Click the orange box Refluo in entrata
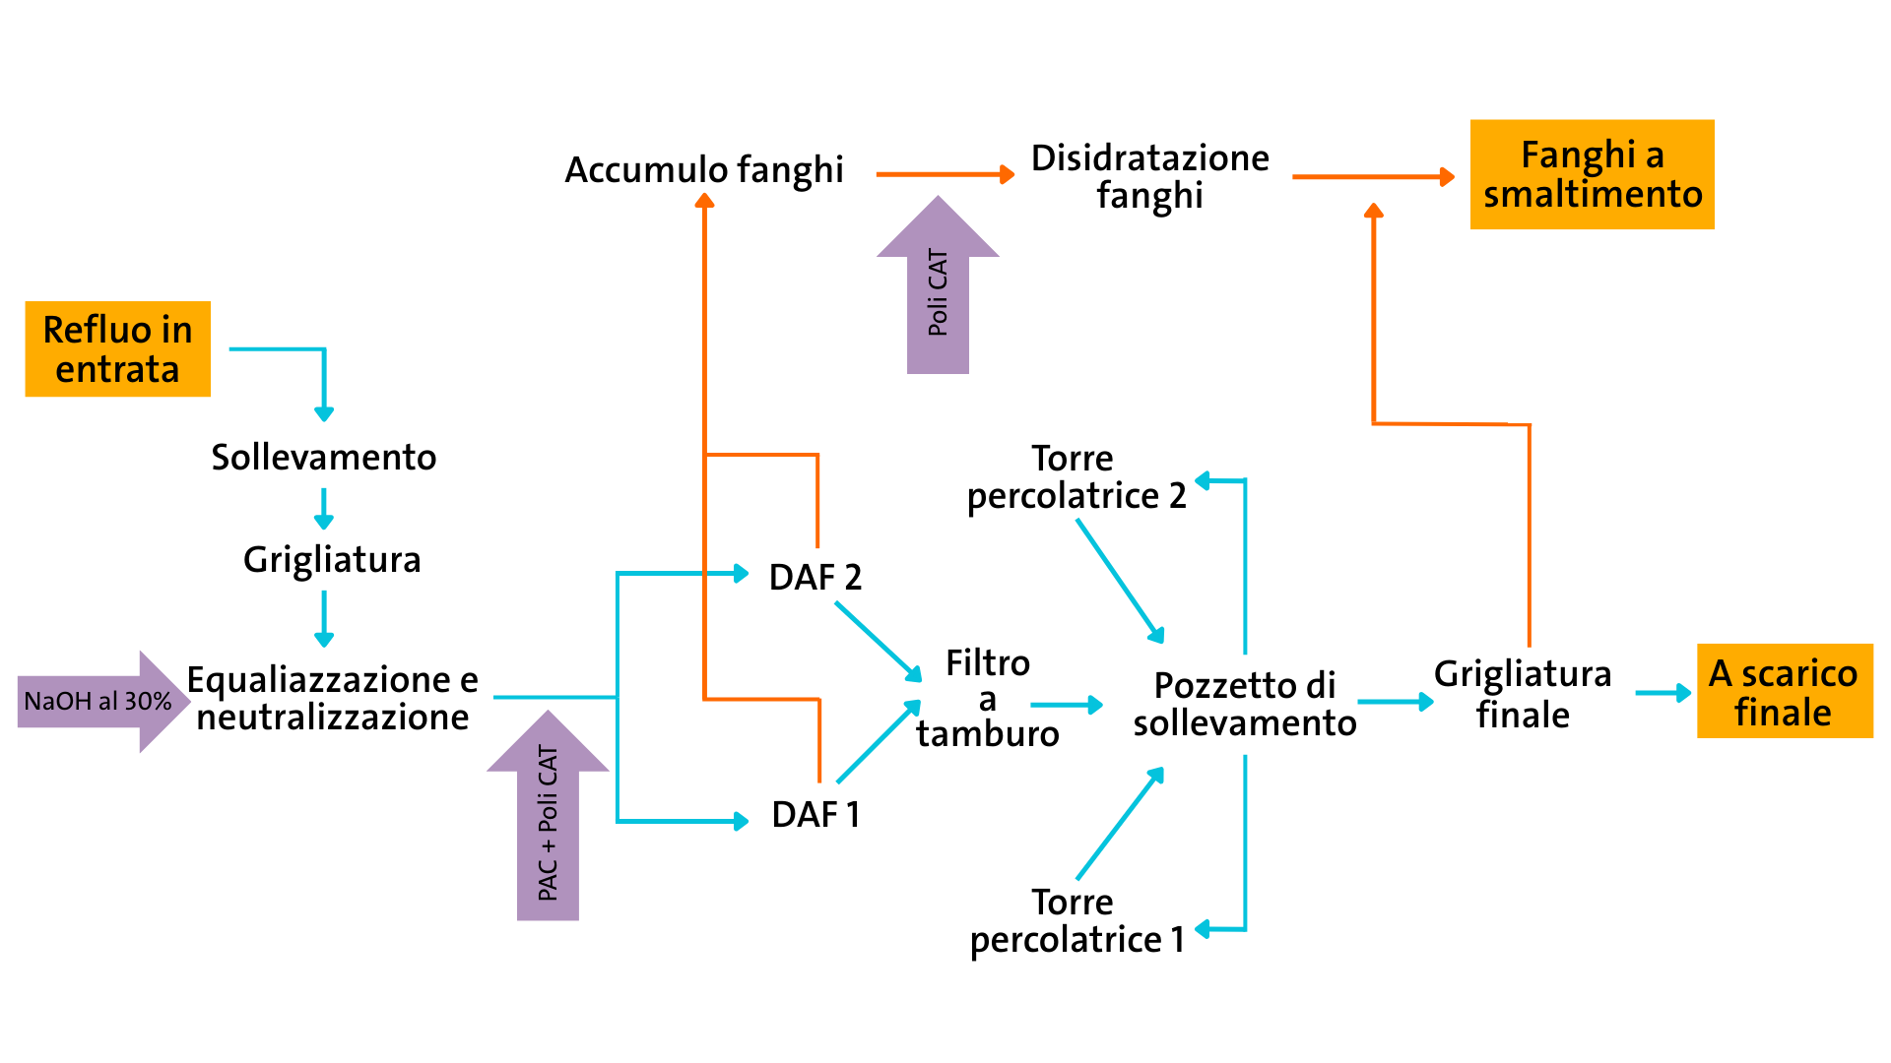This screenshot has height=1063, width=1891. click(x=117, y=349)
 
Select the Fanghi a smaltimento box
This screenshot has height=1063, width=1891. click(x=1592, y=174)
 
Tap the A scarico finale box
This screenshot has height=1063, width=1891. click(x=1784, y=691)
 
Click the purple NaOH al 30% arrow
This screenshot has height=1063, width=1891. click(x=98, y=701)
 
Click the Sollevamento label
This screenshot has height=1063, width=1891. click(x=323, y=457)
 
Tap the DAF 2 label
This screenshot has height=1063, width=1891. click(x=815, y=577)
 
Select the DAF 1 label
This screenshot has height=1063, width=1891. click(x=815, y=815)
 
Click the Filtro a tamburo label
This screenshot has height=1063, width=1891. click(x=987, y=699)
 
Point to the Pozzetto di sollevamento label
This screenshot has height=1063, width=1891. click(x=1244, y=704)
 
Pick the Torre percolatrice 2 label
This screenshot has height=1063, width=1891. click(x=1076, y=477)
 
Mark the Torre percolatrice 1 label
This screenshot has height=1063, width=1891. click(x=1076, y=921)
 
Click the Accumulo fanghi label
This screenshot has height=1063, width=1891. click(x=703, y=169)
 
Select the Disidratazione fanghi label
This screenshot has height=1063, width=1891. click(x=1149, y=176)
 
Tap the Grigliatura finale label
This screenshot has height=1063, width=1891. click(x=1522, y=694)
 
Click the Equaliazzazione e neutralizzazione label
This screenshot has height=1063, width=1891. click(x=333, y=699)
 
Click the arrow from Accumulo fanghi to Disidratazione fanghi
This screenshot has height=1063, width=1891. click(x=944, y=175)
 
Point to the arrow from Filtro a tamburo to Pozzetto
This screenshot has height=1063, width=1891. click(x=1066, y=705)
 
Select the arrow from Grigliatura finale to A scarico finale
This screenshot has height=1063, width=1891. click(x=1663, y=693)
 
